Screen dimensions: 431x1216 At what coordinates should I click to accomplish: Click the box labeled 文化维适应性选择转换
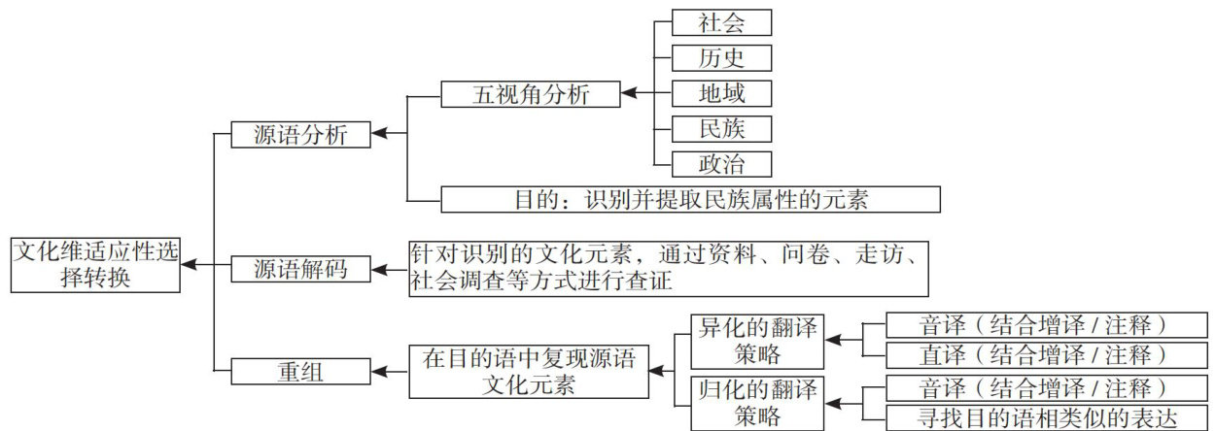(95, 264)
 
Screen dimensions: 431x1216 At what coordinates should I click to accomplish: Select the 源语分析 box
(301, 135)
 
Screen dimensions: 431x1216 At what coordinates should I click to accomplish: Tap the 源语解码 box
(301, 268)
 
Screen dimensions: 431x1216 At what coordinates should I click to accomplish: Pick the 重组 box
(301, 370)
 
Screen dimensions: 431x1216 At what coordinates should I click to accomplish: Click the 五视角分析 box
(531, 94)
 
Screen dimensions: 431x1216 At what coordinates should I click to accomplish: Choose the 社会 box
(721, 22)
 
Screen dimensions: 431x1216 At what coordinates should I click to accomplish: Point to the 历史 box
(721, 57)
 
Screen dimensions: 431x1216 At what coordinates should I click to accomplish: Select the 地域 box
(721, 93)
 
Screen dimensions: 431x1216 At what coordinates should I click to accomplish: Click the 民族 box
(721, 128)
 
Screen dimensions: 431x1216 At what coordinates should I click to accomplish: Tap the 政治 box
(721, 163)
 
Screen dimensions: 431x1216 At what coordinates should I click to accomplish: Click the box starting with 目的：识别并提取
(690, 199)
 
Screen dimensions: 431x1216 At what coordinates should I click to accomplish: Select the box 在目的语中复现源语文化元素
(529, 371)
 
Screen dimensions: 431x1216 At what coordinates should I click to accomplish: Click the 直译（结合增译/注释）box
(1040, 354)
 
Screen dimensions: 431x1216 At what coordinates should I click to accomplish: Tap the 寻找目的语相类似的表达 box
(1040, 417)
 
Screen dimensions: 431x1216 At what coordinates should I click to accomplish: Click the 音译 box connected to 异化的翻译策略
(1040, 324)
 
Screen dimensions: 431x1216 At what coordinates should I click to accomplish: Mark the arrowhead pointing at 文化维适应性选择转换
(188, 264)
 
